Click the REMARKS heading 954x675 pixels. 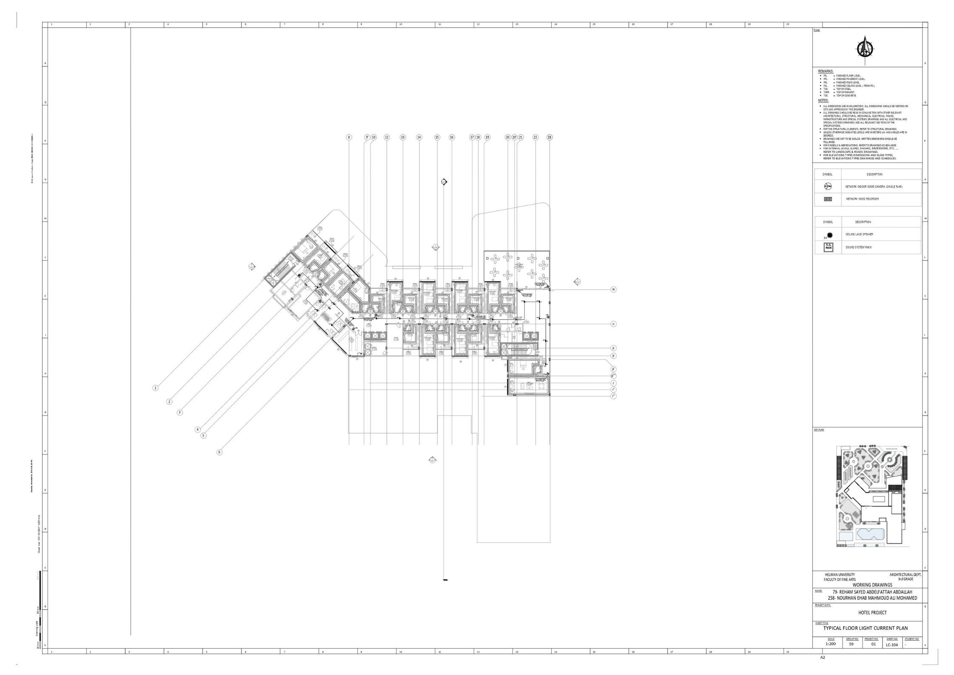click(x=826, y=71)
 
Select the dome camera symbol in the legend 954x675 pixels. click(x=828, y=186)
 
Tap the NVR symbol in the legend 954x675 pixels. click(x=828, y=199)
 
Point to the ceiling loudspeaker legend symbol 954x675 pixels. click(x=829, y=235)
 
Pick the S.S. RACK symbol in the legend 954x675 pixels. click(x=828, y=247)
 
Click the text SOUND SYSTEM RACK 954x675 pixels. click(x=858, y=247)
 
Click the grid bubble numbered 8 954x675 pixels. click(x=349, y=137)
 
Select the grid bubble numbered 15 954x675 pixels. click(x=437, y=137)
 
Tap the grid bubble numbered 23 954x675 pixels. click(x=549, y=137)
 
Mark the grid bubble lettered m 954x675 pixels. click(x=613, y=289)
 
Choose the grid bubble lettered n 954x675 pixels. click(x=613, y=324)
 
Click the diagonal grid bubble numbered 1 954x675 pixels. click(x=156, y=388)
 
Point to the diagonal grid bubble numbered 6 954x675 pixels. click(x=219, y=452)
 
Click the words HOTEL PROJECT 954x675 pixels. click(x=869, y=612)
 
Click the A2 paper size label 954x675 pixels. click(x=822, y=669)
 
